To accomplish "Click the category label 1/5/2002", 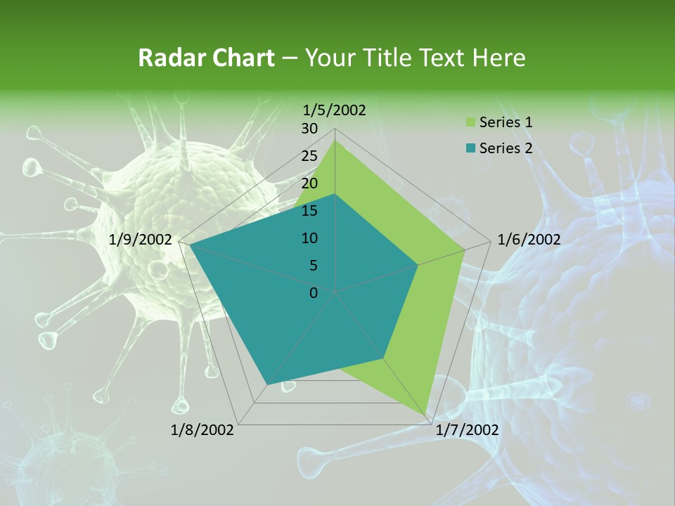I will (335, 110).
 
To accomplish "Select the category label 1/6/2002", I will (529, 240).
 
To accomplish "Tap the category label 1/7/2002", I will (467, 430).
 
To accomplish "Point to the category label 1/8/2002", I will (202, 430).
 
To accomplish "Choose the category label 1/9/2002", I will (141, 240).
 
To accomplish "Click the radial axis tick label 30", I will (309, 129).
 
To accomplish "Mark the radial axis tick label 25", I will (309, 156).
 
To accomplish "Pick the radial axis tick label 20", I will (309, 183).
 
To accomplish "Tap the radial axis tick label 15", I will (309, 211).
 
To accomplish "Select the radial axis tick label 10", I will (309, 238).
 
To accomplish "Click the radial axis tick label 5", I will (314, 266).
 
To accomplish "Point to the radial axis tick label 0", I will (314, 293).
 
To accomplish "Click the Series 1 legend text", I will (506, 122).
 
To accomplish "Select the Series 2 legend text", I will (506, 148).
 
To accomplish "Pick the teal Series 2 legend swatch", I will (470, 148).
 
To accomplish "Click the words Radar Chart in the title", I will (205, 58).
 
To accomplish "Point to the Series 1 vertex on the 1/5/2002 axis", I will (335, 140).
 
